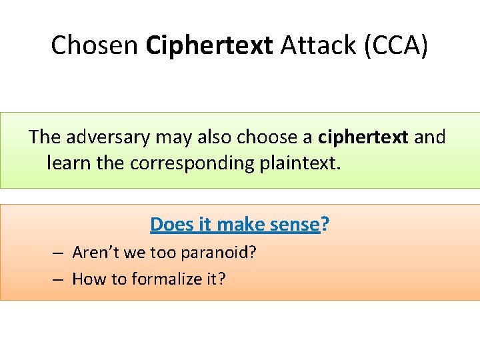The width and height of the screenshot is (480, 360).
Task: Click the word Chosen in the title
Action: point(94,45)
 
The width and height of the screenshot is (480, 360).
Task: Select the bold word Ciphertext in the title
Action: point(209,45)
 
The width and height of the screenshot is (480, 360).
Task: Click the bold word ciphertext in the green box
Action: point(363,137)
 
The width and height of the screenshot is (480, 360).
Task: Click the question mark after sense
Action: point(325,225)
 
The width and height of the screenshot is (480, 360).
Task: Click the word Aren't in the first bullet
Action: point(93,253)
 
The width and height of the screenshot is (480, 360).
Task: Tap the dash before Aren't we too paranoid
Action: point(59,253)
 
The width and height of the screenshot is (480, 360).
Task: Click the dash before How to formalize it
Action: point(59,278)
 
